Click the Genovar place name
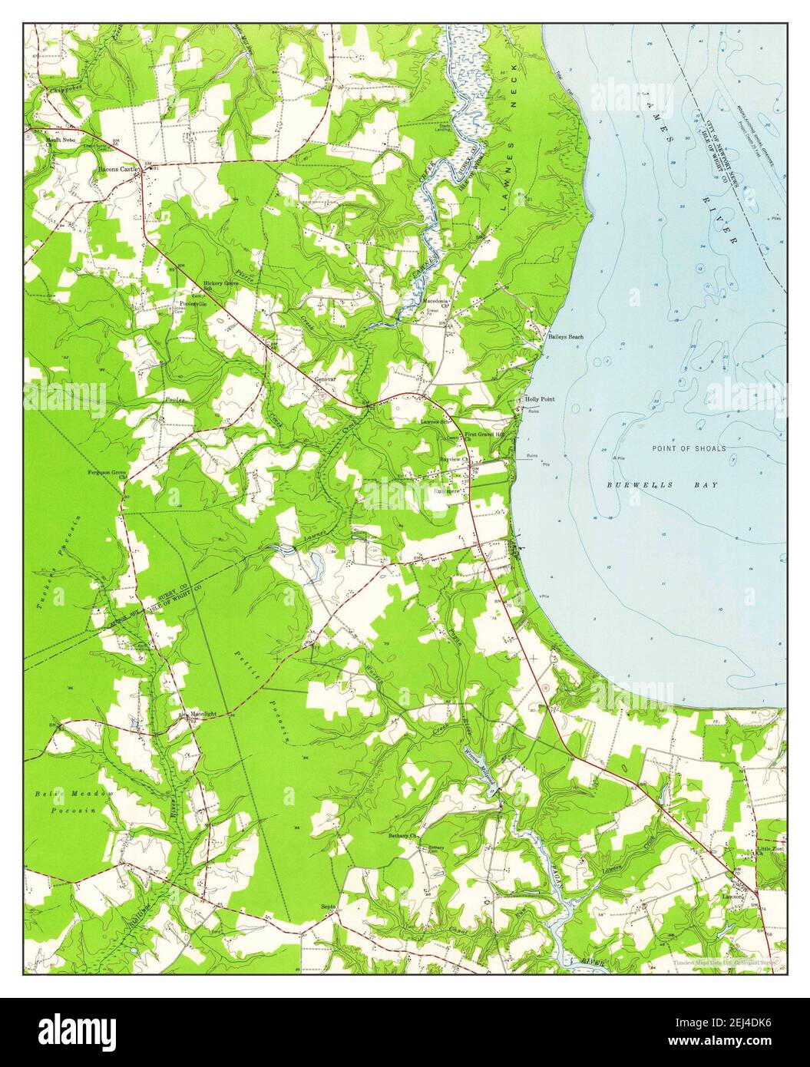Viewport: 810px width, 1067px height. point(326,378)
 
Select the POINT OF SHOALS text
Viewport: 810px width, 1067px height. point(689,448)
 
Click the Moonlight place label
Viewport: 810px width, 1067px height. point(203,713)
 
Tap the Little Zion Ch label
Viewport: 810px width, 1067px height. point(768,850)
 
